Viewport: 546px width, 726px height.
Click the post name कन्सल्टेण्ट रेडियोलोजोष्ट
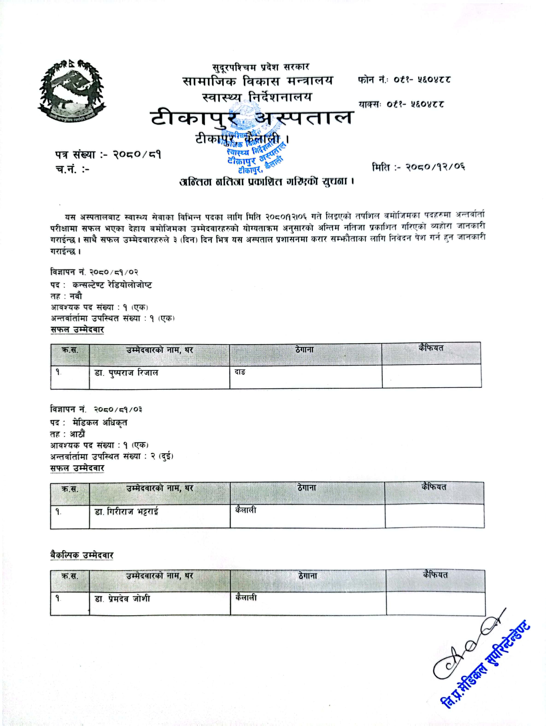(x=112, y=285)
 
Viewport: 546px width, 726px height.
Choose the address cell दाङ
(x=240, y=372)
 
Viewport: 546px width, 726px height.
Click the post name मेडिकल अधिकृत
(x=100, y=423)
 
